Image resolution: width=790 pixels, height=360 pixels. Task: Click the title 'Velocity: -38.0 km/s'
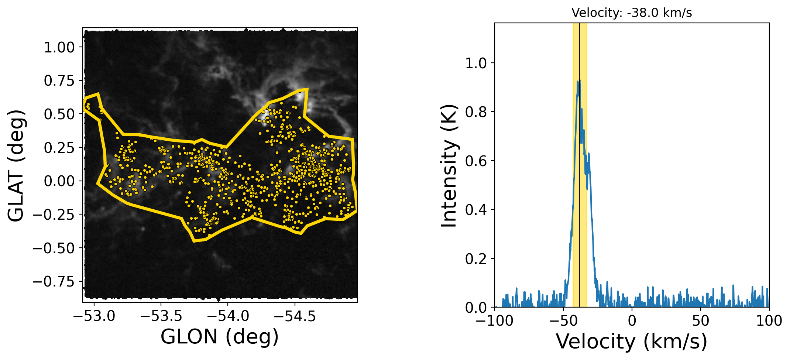632,13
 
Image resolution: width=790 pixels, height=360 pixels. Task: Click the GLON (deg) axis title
220,336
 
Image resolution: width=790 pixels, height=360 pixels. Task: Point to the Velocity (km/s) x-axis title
632,341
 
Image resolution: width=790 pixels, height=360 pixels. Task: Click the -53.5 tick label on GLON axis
161,316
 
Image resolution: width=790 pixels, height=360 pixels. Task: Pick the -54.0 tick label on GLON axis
228,316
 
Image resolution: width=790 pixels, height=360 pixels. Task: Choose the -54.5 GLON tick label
295,316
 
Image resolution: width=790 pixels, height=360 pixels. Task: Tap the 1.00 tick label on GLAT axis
59,47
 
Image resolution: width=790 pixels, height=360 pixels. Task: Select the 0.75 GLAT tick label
59,80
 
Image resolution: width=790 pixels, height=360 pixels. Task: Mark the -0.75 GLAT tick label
54,281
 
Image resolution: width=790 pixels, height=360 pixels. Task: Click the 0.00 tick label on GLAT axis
59,181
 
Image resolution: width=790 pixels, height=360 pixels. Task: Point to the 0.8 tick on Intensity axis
476,112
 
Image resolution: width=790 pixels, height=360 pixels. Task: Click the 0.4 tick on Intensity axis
476,210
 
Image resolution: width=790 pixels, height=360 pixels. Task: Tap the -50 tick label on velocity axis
563,320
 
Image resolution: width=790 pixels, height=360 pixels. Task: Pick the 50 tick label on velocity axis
701,320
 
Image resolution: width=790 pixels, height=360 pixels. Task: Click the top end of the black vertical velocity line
580,24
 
